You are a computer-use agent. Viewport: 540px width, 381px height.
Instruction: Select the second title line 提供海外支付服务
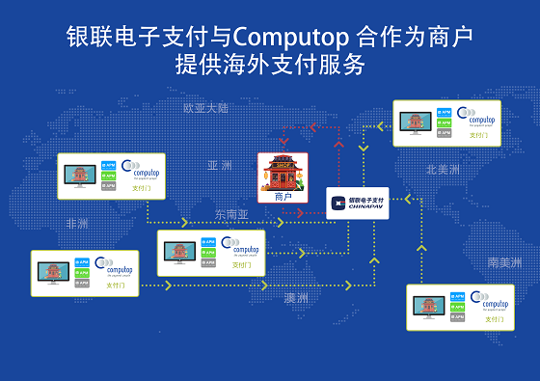[270, 66]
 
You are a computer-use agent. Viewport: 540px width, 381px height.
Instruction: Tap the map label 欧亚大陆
[206, 108]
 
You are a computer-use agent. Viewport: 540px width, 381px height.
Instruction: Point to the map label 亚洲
[220, 165]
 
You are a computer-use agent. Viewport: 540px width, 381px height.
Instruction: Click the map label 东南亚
[231, 213]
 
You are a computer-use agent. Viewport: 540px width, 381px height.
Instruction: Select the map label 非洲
[77, 223]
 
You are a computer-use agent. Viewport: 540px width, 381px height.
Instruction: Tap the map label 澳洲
[296, 299]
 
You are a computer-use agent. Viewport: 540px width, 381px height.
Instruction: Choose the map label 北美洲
[443, 169]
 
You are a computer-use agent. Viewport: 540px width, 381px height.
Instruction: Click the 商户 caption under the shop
[283, 196]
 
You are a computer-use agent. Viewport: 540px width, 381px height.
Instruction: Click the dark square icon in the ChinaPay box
[337, 203]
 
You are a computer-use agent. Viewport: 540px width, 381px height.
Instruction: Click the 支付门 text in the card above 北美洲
[479, 136]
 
